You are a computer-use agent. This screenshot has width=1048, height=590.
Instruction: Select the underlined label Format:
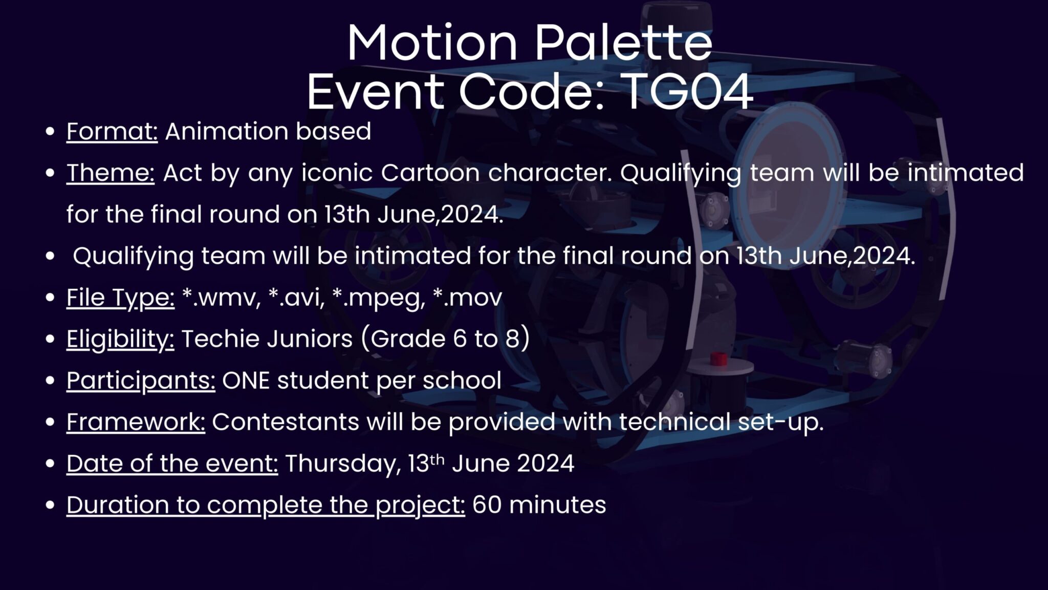point(112,132)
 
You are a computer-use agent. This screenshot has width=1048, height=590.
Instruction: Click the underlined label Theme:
point(111,173)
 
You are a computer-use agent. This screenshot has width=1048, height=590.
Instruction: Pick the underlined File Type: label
point(120,298)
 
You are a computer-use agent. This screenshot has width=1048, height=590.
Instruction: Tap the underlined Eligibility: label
point(120,340)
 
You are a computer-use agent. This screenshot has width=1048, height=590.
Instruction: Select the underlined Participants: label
point(141,381)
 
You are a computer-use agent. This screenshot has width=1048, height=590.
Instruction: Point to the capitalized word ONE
point(246,381)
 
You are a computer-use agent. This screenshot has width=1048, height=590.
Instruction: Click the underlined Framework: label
point(136,422)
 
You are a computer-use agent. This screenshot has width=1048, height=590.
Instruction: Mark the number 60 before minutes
point(487,505)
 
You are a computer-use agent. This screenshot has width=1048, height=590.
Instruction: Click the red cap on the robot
point(718,359)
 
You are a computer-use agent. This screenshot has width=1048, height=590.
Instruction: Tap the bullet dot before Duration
point(50,505)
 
